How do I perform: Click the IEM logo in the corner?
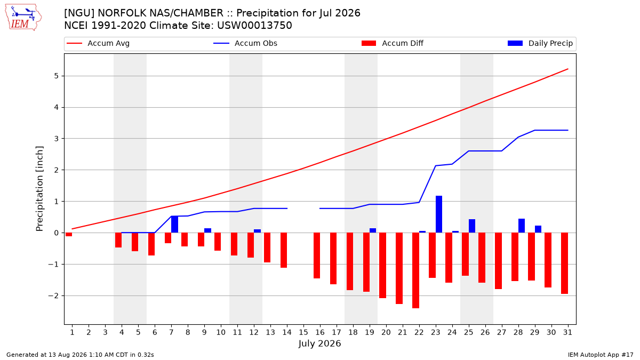(x=23, y=18)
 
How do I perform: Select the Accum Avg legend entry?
(x=98, y=43)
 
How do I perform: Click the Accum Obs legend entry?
(x=245, y=43)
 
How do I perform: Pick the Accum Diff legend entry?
(x=393, y=43)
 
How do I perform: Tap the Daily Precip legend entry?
(x=540, y=43)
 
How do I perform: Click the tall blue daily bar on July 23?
(x=439, y=214)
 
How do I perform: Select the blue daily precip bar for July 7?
(x=174, y=225)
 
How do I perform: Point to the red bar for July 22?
(x=415, y=270)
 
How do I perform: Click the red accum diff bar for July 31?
(x=564, y=263)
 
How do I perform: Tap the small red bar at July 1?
(x=69, y=235)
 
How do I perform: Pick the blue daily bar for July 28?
(x=522, y=226)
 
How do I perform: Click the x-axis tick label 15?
(x=303, y=332)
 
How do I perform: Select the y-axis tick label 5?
(x=56, y=76)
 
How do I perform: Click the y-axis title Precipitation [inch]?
(x=39, y=189)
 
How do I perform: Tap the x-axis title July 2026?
(x=319, y=343)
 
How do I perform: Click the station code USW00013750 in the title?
(x=254, y=26)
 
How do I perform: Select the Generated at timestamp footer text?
(x=80, y=355)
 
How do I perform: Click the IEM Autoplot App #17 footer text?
(x=601, y=355)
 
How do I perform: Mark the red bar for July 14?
(x=284, y=250)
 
